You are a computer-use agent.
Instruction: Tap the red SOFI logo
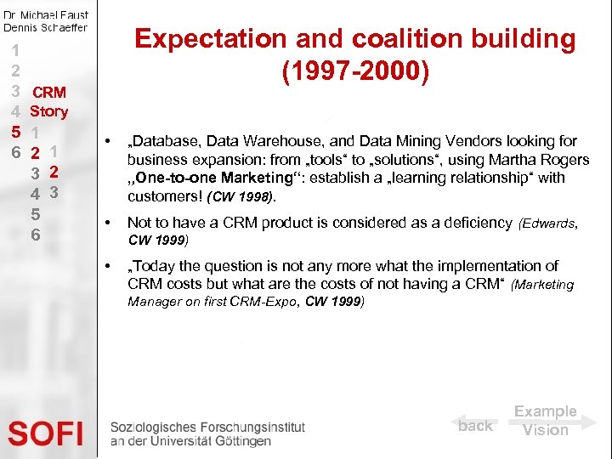pyautogui.click(x=47, y=433)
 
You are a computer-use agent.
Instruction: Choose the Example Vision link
pyautogui.click(x=545, y=421)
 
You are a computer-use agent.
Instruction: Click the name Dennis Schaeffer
pyautogui.click(x=45, y=27)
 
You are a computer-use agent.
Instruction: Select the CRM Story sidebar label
pyautogui.click(x=48, y=101)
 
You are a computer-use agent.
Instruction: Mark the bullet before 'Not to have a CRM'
pyautogui.click(x=108, y=223)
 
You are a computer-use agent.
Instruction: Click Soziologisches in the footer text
pyautogui.click(x=150, y=428)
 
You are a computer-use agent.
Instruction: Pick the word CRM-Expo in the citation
pyautogui.click(x=272, y=302)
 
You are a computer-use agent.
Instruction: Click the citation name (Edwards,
pyautogui.click(x=549, y=224)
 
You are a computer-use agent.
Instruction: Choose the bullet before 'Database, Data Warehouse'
pyautogui.click(x=108, y=141)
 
